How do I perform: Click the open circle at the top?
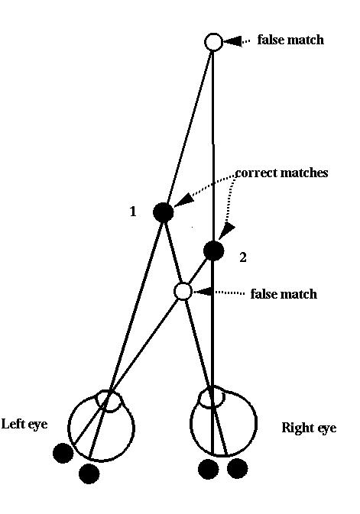213,42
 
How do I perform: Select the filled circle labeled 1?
163,212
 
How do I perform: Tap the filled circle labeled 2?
214,251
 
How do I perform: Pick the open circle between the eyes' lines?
183,292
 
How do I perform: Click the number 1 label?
133,212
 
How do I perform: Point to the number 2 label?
243,257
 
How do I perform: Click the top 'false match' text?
290,40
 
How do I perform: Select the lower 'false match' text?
284,294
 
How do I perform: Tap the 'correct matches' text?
281,173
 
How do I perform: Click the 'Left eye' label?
24,424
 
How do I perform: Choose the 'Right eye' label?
309,428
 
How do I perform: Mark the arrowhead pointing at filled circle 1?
182,199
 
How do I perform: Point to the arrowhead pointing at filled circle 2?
226,231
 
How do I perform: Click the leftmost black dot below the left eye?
63,453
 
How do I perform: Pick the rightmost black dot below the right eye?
237,468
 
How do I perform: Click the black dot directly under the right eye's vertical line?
209,469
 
